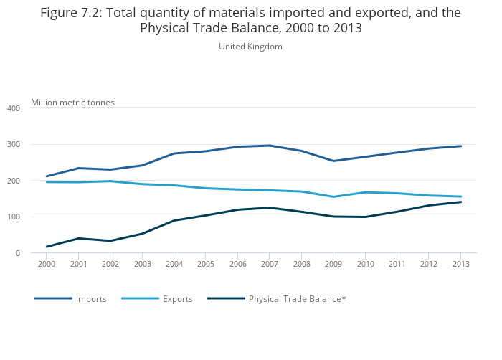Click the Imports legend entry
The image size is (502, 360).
pyautogui.click(x=91, y=299)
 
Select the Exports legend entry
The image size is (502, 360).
pyautogui.click(x=177, y=299)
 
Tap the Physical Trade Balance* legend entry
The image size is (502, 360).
pyautogui.click(x=297, y=299)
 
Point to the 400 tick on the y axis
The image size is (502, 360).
pyautogui.click(x=13, y=108)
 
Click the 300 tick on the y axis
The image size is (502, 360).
pyautogui.click(x=13, y=145)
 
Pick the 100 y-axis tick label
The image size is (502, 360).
pyautogui.click(x=13, y=217)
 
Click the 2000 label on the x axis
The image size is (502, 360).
pyautogui.click(x=47, y=265)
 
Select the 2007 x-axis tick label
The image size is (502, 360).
pyautogui.click(x=269, y=265)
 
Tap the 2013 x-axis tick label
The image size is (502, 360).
pyautogui.click(x=460, y=265)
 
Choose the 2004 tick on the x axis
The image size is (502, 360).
pyautogui.click(x=174, y=265)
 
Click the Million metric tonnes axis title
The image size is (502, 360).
pyautogui.click(x=72, y=103)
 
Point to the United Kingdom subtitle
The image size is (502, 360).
pyautogui.click(x=250, y=47)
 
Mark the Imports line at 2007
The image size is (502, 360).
pyautogui.click(x=269, y=146)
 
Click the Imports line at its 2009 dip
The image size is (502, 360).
pyautogui.click(x=333, y=161)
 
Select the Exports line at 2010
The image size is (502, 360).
pyautogui.click(x=365, y=192)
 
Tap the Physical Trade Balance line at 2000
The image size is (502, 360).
pyautogui.click(x=47, y=247)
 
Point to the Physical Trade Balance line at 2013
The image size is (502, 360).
pyautogui.click(x=460, y=202)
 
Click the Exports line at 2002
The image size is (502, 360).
pyautogui.click(x=110, y=181)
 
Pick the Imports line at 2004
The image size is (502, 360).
pyautogui.click(x=174, y=153)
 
